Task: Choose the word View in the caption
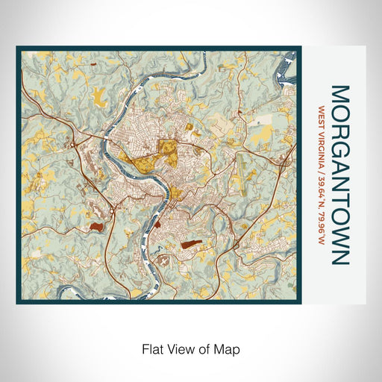[x=180, y=348]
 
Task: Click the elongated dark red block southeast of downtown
[x=190, y=244]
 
